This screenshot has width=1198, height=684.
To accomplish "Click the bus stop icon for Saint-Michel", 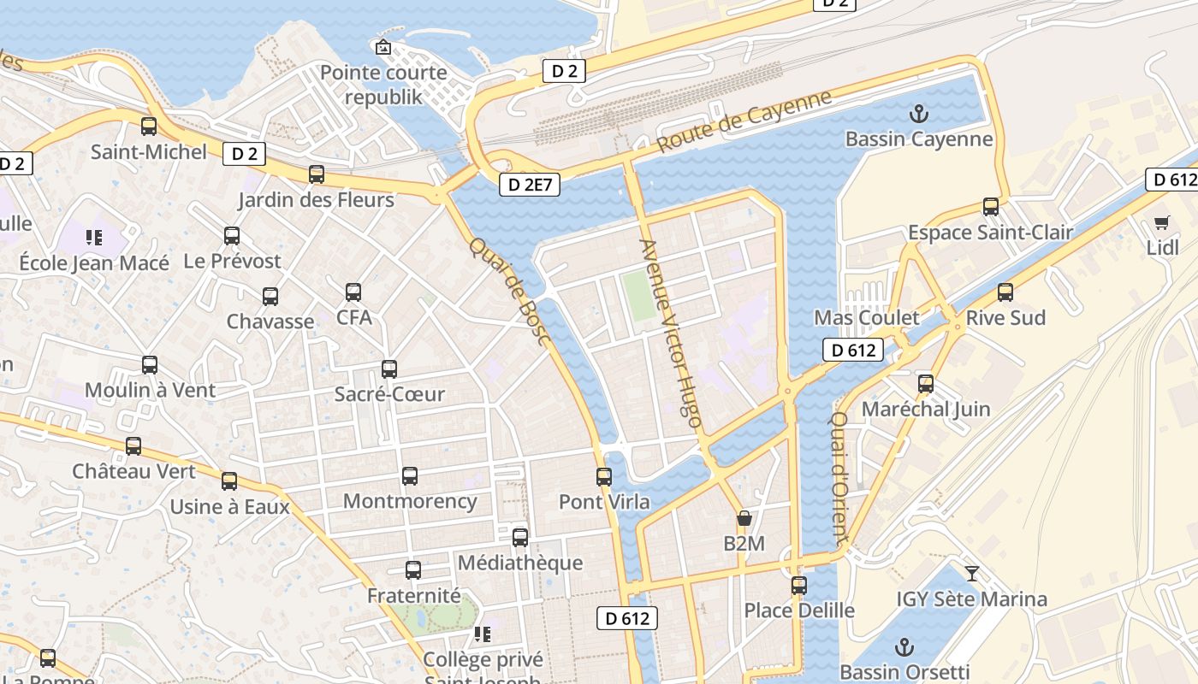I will (149, 127).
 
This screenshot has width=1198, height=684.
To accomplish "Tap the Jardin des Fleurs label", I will (316, 200).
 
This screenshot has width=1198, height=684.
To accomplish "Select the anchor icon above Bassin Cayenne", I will (919, 113).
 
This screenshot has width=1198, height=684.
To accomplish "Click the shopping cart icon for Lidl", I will (1161, 223).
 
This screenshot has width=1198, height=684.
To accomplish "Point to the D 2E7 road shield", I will (530, 184).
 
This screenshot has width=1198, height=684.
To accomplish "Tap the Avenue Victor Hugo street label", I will (671, 333).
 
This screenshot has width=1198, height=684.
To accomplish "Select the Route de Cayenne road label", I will (744, 121).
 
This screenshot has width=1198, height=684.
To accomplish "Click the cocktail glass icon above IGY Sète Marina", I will (971, 573).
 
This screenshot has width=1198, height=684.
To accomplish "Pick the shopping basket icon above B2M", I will (744, 518).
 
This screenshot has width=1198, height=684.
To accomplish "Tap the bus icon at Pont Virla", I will (604, 476).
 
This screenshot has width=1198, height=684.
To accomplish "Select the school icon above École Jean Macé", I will (94, 237).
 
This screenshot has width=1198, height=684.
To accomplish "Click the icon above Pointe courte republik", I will (383, 47).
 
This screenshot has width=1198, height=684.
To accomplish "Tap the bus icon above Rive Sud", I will (1005, 292).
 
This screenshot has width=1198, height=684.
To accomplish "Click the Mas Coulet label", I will (866, 318).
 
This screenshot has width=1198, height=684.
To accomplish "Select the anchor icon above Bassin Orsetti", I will (904, 646).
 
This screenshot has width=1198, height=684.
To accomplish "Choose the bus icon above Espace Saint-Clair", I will (991, 207).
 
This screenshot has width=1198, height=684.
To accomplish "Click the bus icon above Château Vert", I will (133, 446).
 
